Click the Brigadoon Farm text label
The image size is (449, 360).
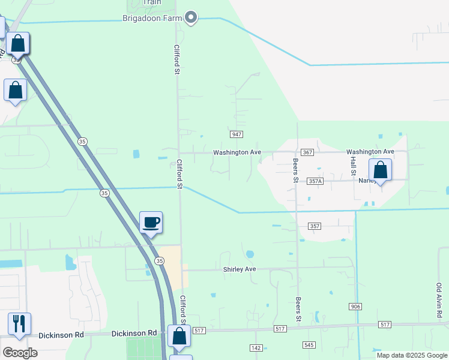152,18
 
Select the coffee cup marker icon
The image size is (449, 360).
151,223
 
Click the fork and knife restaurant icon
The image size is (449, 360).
19,324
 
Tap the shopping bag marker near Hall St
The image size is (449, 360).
380,170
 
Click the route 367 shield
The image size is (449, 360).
307,152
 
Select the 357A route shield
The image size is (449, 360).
315,181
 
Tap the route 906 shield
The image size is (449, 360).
355,307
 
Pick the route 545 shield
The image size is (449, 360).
309,345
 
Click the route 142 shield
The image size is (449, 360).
256,348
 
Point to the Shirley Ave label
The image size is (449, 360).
240,269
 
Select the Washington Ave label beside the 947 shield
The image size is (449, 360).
237,152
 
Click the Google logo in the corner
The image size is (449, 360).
20,352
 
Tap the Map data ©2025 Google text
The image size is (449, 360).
412,355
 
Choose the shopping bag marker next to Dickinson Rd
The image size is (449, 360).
179,336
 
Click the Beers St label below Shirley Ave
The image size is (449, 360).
298,308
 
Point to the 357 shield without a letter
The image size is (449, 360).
315,226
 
